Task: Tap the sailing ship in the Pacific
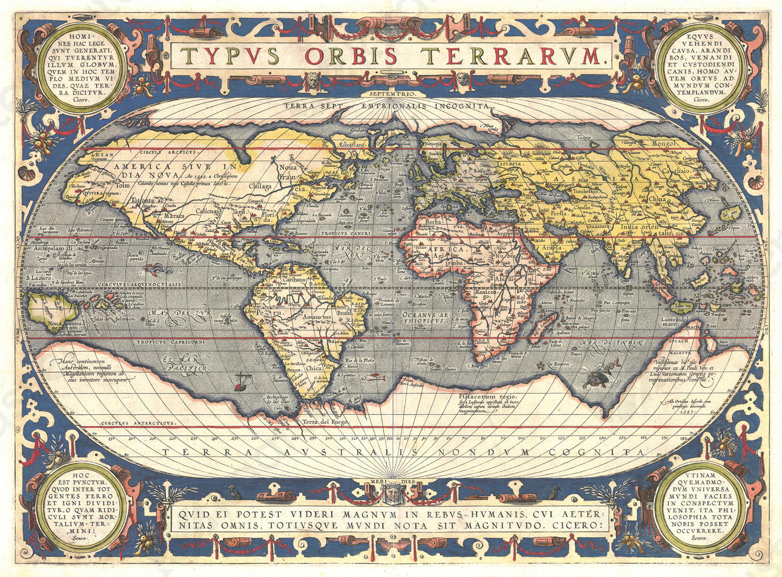240,386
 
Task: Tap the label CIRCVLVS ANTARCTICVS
138,423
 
